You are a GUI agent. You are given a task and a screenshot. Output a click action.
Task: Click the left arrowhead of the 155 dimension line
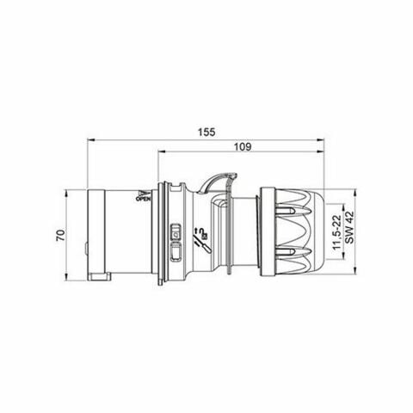pyautogui.click(x=90, y=142)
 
